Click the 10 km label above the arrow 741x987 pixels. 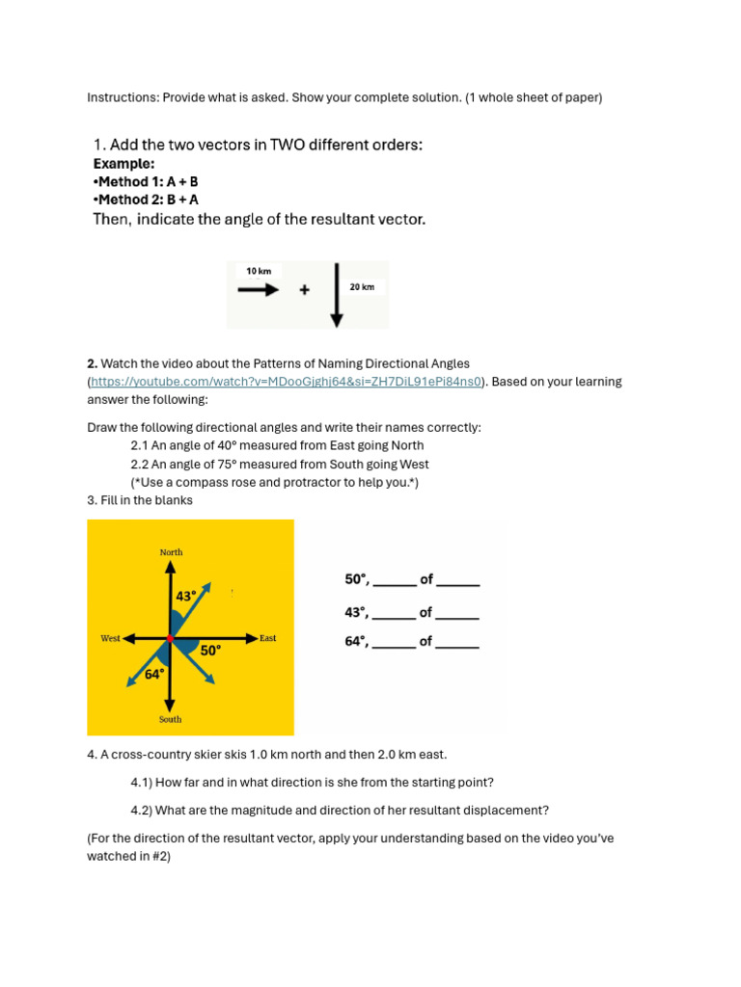[x=259, y=271]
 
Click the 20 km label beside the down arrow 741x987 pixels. [x=362, y=287]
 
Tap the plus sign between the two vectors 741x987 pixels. [x=305, y=289]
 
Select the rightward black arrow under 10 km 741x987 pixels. [x=258, y=288]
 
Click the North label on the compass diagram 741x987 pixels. [x=171, y=552]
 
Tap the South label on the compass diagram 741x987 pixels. [x=170, y=719]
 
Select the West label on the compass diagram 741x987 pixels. [x=110, y=638]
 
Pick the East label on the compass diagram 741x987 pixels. [x=267, y=638]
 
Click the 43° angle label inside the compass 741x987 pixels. [x=186, y=597]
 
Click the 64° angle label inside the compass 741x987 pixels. [x=154, y=674]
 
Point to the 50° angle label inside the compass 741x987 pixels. [x=210, y=651]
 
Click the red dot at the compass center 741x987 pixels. [x=170, y=638]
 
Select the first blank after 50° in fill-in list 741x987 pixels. [x=394, y=581]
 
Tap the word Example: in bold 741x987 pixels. [x=123, y=164]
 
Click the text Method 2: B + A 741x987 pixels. [x=146, y=200]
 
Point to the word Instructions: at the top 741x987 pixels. [x=123, y=97]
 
